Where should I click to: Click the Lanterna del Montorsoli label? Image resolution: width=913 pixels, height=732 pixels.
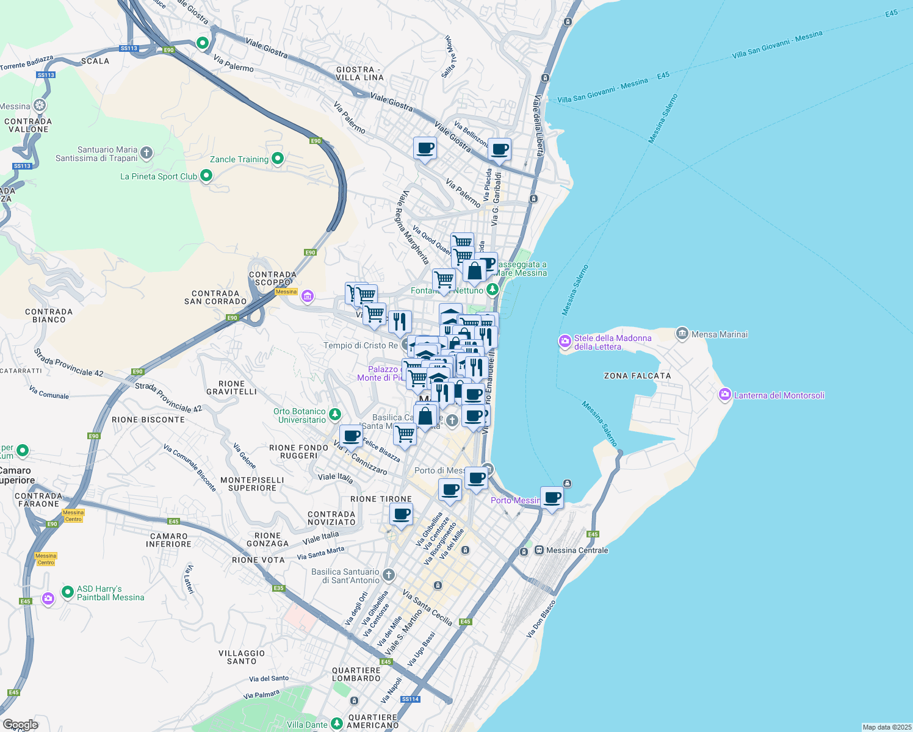pos(779,395)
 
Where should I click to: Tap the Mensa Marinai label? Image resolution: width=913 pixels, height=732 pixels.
pos(719,334)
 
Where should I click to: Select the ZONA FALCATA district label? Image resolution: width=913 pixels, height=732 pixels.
pos(637,376)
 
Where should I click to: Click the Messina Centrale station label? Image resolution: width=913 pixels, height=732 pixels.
pos(577,550)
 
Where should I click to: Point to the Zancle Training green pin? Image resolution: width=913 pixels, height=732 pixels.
pos(278,159)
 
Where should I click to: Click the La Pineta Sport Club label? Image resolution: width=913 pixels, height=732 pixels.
pos(159,176)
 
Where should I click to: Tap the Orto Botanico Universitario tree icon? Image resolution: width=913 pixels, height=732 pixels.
pos(334,415)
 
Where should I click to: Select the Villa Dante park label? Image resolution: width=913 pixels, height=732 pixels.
pos(307,725)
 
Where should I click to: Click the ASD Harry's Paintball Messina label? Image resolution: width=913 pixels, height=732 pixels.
pos(110,593)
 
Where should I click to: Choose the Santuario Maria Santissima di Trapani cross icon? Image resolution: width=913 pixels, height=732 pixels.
pos(146,152)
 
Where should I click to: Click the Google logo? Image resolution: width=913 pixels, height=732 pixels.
pos(20,725)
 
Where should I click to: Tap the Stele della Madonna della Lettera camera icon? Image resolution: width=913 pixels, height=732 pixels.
pos(565,341)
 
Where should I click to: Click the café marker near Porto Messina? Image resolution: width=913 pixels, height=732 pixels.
pos(552,498)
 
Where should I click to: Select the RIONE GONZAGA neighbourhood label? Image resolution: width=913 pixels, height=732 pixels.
pos(267,539)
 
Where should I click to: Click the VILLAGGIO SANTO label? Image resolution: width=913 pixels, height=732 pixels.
pos(242,657)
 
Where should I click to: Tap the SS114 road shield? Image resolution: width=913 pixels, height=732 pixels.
pos(411,699)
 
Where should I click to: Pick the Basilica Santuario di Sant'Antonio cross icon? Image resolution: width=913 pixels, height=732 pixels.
pos(388,575)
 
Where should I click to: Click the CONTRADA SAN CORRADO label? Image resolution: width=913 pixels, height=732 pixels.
pos(215,297)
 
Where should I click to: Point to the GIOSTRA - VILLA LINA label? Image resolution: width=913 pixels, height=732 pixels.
pos(359,73)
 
